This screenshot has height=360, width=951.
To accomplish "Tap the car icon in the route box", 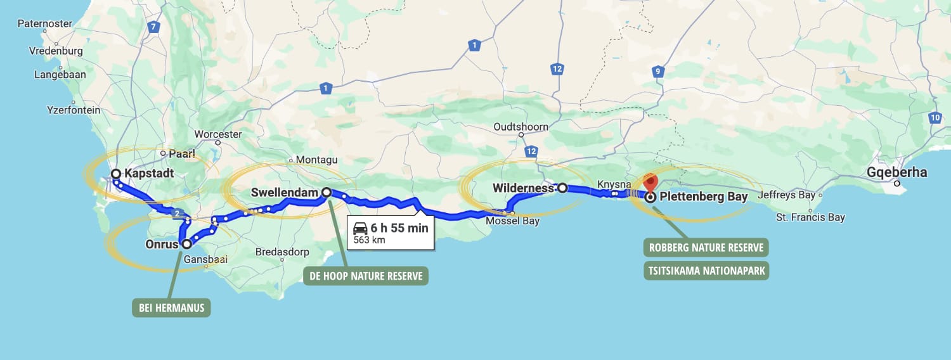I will pyautogui.click(x=360, y=228).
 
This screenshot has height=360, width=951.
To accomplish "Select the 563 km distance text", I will pyautogui.click(x=369, y=240).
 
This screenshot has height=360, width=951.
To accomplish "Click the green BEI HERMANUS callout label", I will pyautogui.click(x=171, y=308).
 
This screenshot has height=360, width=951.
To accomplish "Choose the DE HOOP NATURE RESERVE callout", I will pyautogui.click(x=366, y=276).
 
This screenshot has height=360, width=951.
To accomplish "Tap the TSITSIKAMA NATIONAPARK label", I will pyautogui.click(x=706, y=271).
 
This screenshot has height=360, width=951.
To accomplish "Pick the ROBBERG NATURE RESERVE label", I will pyautogui.click(x=706, y=247).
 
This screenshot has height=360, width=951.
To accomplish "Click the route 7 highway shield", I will pyautogui.click(x=153, y=27).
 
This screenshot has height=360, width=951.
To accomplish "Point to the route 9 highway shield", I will pyautogui.click(x=658, y=72).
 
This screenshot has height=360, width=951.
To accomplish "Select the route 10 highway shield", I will pyautogui.click(x=935, y=117).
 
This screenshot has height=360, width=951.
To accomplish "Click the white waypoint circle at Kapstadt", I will pyautogui.click(x=116, y=174).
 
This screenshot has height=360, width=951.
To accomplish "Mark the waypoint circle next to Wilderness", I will pyautogui.click(x=562, y=188).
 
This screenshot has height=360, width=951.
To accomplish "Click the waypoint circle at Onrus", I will pyautogui.click(x=186, y=243).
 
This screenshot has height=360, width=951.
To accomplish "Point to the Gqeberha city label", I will pyautogui.click(x=896, y=172).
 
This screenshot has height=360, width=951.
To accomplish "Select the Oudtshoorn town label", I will pyautogui.click(x=521, y=127).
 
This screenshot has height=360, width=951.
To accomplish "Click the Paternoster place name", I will pyautogui.click(x=42, y=23).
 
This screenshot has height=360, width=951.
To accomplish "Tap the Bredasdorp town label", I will pyautogui.click(x=282, y=252).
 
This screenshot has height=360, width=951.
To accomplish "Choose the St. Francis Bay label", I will pyautogui.click(x=810, y=217).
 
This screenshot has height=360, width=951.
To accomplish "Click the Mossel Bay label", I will pyautogui.click(x=512, y=221).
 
